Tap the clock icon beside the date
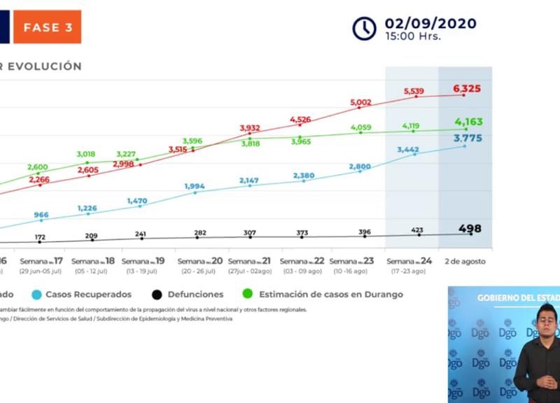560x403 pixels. (364, 28)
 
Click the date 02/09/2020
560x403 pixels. (430, 23)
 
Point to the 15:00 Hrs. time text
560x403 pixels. (413, 37)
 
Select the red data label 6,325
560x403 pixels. (467, 89)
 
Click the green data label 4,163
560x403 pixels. (468, 122)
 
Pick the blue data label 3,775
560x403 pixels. (468, 138)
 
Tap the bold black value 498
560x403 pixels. (470, 229)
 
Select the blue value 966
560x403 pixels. (41, 215)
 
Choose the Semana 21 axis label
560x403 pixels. (250, 261)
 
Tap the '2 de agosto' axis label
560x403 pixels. (465, 261)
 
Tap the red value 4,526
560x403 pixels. (305, 120)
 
